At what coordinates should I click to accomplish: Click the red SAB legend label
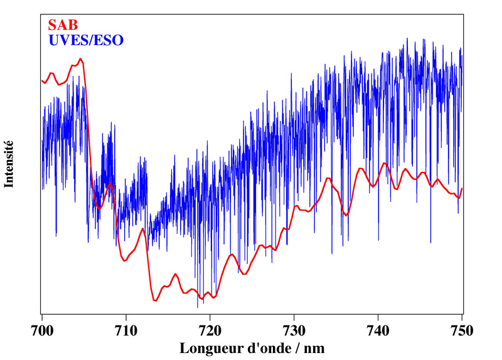(63, 26)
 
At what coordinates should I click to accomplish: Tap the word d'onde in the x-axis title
(269, 347)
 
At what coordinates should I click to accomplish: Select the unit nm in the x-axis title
(316, 347)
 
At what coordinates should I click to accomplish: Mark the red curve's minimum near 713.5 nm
(154, 301)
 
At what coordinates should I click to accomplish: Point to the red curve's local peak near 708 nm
(110, 183)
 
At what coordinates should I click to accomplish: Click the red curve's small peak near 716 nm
(176, 273)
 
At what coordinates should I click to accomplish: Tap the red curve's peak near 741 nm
(385, 164)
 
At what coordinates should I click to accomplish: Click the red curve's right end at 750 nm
(462, 188)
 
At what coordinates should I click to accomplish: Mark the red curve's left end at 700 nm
(42, 80)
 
